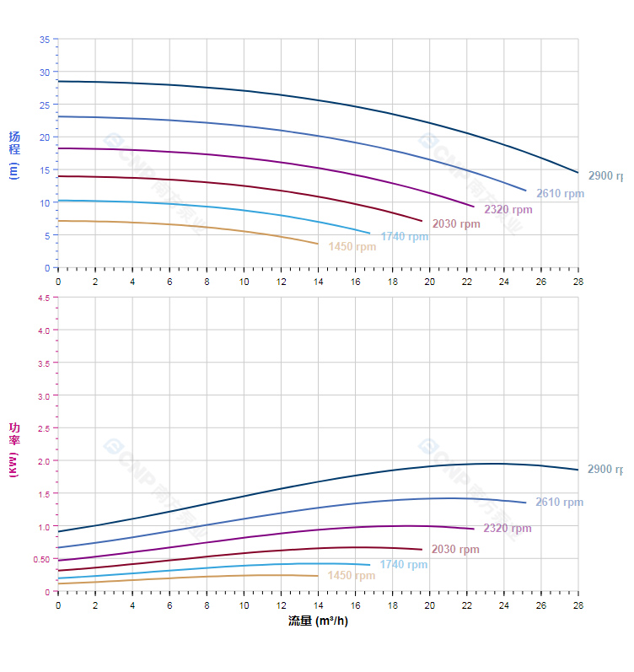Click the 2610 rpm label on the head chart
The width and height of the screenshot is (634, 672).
[560, 194]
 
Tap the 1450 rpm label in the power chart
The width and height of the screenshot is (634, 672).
[351, 576]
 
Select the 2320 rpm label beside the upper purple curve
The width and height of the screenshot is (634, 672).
[508, 210]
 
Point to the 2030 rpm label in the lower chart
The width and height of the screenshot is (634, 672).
[455, 550]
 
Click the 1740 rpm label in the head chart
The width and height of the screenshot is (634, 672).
[404, 237]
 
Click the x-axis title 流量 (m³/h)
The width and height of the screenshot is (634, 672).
[318, 621]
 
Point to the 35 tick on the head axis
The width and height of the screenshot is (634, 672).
[44, 40]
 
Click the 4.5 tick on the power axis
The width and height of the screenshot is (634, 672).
[42, 298]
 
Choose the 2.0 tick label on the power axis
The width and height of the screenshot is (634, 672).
[42, 461]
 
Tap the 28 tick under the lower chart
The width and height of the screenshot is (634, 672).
[578, 605]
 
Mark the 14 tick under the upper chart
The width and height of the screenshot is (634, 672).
[318, 282]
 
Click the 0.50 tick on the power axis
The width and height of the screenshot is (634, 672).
[40, 560]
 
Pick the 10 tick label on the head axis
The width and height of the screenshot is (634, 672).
[44, 202]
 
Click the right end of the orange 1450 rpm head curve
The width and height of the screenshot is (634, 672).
[318, 244]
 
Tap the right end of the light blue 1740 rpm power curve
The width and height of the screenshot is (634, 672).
[369, 565]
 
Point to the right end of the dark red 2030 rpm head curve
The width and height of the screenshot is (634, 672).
[422, 221]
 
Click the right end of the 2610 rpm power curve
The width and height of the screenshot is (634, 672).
[525, 503]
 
